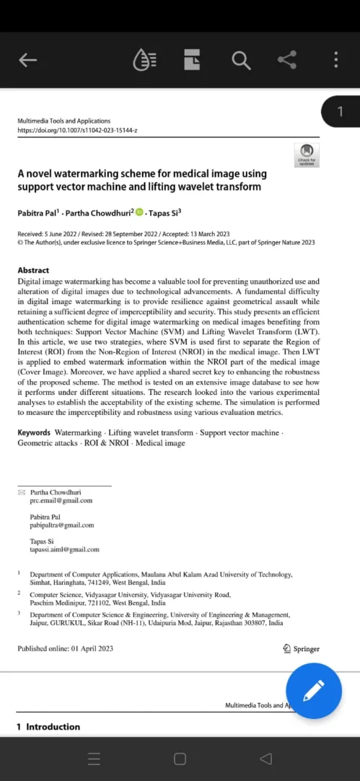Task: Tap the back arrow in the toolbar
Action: coord(27,61)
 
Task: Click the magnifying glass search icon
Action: coord(240,61)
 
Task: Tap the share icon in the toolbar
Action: coord(287,60)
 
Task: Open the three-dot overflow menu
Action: coord(335,60)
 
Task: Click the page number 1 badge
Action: coord(341,111)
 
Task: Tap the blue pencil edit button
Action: coord(314,691)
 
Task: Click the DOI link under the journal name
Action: coord(77,131)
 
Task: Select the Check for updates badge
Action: coord(307,154)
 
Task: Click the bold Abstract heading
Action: coord(33,270)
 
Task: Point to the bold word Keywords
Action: coord(34,432)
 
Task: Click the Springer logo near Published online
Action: coord(302,648)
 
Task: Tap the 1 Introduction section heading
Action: coord(48,726)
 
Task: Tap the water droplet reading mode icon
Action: coord(144,61)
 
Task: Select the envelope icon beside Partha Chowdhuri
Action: coord(21,492)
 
